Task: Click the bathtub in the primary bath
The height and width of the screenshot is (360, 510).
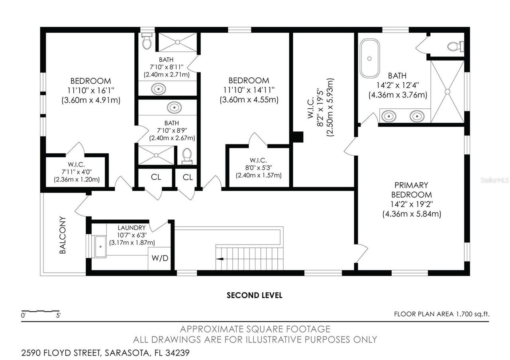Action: click(x=370, y=58)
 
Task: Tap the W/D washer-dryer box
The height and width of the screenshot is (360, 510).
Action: click(x=160, y=258)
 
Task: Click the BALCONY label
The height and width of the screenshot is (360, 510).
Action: click(x=63, y=235)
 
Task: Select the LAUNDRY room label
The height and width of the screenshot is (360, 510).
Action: click(x=131, y=228)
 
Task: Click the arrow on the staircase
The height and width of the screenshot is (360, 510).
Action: click(x=220, y=259)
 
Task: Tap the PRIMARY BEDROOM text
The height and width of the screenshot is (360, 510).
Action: click(x=412, y=190)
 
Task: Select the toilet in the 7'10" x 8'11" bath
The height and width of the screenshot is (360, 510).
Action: click(x=147, y=41)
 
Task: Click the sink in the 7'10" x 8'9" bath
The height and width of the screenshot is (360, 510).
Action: click(x=173, y=107)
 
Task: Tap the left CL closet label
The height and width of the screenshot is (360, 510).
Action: click(x=156, y=177)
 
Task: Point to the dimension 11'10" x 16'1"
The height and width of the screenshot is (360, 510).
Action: click(x=90, y=90)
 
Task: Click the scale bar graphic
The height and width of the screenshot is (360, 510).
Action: click(x=40, y=311)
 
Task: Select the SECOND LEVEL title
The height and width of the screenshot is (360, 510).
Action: click(x=254, y=295)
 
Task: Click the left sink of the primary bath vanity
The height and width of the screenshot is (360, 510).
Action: click(x=388, y=116)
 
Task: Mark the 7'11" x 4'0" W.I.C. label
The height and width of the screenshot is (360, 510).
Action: click(x=77, y=164)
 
